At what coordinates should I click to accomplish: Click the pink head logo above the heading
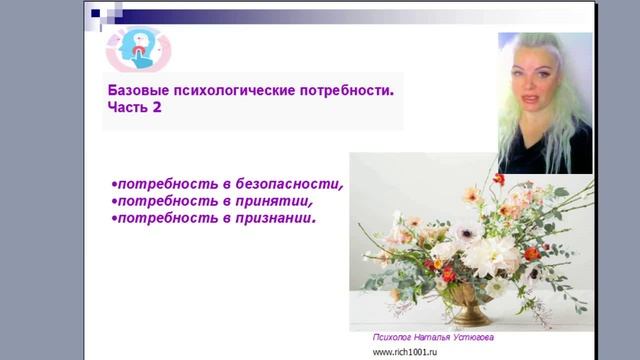pyautogui.click(x=139, y=47)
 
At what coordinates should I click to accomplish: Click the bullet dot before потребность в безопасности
pyautogui.click(x=114, y=185)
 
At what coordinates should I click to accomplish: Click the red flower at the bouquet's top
pyautogui.click(x=499, y=179)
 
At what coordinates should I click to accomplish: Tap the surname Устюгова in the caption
pyautogui.click(x=473, y=338)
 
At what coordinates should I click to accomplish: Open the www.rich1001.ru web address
pyautogui.click(x=412, y=352)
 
